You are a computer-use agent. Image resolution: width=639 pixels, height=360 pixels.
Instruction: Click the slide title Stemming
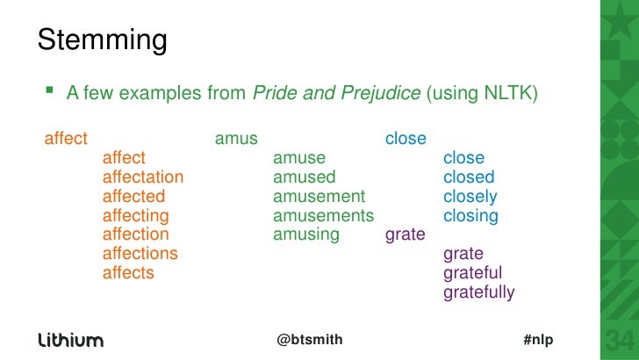[102, 40]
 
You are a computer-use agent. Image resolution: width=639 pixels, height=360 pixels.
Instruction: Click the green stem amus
[236, 139]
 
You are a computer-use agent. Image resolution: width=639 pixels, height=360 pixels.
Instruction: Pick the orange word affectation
[143, 177]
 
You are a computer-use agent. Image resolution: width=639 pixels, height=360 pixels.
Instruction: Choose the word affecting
[136, 216]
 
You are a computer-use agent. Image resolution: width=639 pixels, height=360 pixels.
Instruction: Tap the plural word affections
[140, 254]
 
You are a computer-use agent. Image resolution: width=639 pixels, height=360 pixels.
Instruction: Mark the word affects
[128, 273]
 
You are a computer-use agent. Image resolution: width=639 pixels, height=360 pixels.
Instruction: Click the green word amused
[305, 177]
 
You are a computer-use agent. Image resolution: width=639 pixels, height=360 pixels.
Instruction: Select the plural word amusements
[323, 216]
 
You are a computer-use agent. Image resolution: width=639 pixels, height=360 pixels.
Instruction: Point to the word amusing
[306, 234]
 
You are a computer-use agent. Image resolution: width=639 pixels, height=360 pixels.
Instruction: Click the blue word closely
[470, 197]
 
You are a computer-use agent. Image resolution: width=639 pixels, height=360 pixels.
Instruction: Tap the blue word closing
[471, 216]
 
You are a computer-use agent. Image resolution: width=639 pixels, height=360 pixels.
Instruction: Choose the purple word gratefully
[479, 292]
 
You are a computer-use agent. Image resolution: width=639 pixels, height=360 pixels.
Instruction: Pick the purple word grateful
[473, 273]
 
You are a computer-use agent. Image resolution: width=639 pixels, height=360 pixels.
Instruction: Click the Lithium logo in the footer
[70, 340]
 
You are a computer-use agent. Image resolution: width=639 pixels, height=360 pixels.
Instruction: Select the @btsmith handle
[310, 340]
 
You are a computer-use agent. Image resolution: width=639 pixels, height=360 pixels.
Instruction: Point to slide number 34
[618, 340]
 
